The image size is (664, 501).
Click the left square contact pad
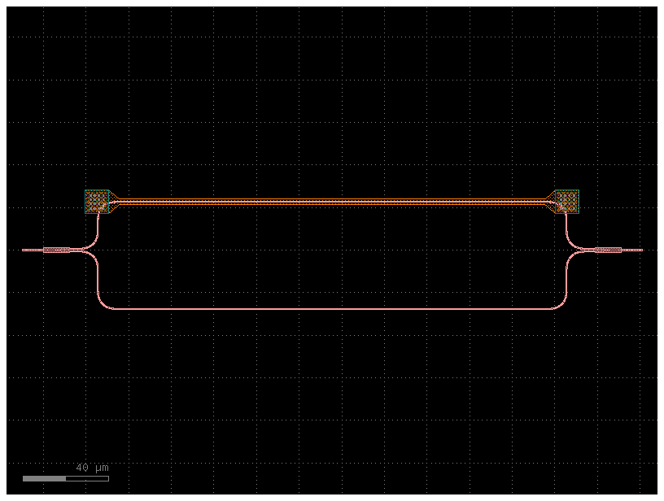97,202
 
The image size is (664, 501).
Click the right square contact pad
567,202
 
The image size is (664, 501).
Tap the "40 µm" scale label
92,468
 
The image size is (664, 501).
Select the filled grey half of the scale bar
45,478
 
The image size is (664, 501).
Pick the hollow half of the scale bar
87,478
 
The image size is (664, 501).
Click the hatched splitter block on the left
56,250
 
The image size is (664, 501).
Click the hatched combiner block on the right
608,250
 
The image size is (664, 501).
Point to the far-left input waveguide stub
33,250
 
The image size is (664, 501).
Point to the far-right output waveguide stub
632,250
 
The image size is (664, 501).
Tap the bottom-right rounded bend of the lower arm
560,303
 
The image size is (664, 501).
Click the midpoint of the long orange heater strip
332,202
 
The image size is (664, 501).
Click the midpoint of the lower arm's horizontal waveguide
332,309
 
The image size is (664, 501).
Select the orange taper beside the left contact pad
113,202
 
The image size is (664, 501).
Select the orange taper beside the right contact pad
551,202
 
